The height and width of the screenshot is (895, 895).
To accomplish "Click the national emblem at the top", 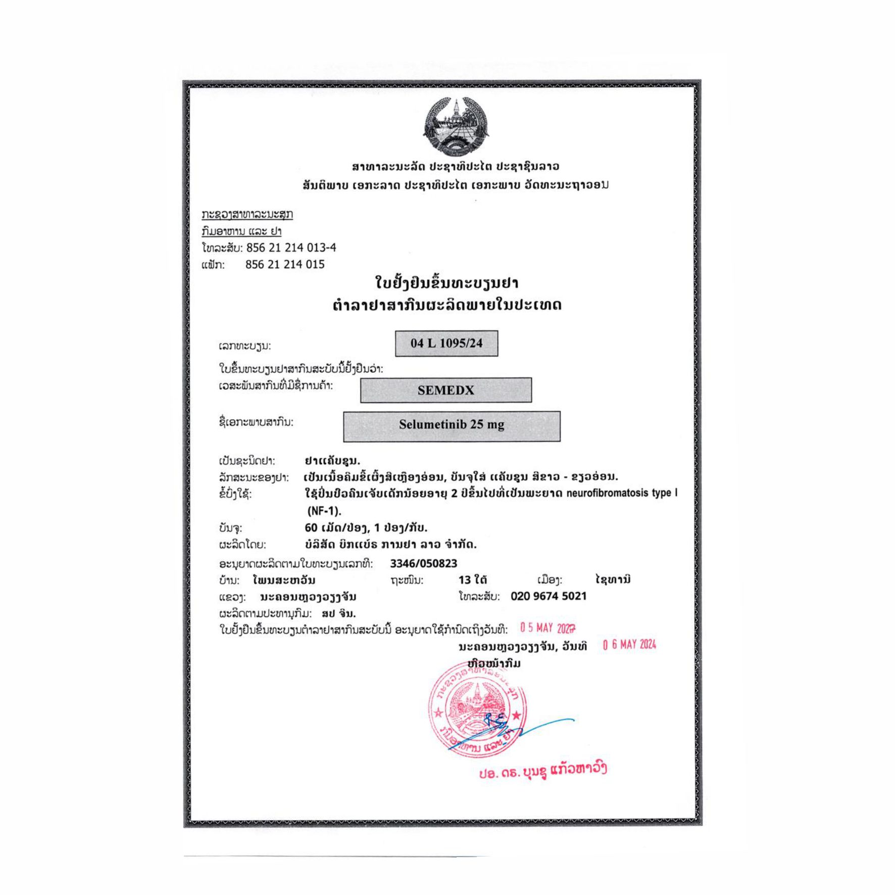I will pyautogui.click(x=456, y=126).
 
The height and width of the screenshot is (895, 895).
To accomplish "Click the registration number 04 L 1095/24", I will pyautogui.click(x=446, y=343).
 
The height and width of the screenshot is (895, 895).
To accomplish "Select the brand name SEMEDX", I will pyautogui.click(x=445, y=390).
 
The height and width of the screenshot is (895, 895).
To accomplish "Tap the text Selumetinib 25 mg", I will pyautogui.click(x=452, y=425).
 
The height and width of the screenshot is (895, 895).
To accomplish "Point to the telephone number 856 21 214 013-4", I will pyautogui.click(x=291, y=247).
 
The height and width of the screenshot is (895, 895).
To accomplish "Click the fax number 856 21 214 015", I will pyautogui.click(x=285, y=264).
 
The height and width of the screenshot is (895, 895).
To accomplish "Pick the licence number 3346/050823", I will pyautogui.click(x=423, y=563).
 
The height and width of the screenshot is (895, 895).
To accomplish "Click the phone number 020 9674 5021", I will pyautogui.click(x=549, y=596).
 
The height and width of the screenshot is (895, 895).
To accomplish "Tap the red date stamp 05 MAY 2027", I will pyautogui.click(x=548, y=628).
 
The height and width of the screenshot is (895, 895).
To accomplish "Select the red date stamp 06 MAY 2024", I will pyautogui.click(x=629, y=645).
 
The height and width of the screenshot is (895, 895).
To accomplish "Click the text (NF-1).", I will pyautogui.click(x=324, y=511).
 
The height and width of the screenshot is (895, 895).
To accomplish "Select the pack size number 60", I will pyautogui.click(x=311, y=528).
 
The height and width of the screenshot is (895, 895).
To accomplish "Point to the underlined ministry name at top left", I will pyautogui.click(x=247, y=214).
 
